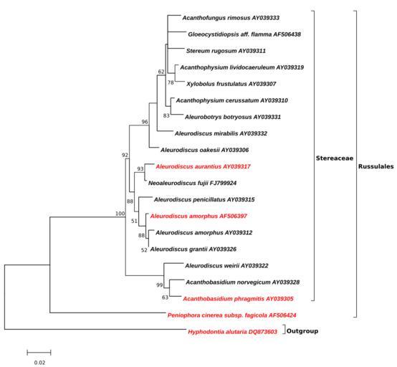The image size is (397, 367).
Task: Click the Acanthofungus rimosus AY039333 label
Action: (231, 18)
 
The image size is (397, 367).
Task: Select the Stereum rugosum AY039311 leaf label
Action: (226, 51)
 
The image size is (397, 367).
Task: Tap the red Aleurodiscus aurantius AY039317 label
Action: (203, 166)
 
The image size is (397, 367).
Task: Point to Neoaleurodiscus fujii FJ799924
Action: (193, 183)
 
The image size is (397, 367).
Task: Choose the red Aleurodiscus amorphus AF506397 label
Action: (198, 216)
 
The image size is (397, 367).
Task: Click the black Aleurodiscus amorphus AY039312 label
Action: (204, 232)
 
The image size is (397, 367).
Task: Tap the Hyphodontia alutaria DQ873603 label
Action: (232, 332)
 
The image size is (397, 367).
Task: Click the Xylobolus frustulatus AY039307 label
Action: (231, 84)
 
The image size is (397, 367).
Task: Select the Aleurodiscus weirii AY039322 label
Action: (226, 266)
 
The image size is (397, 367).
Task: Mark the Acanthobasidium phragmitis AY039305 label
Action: (238, 299)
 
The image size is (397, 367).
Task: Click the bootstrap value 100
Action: (120, 214)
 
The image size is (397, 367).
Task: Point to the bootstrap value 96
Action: (145, 122)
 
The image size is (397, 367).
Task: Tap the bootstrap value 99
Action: (159, 285)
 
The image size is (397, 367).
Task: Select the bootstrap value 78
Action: (171, 82)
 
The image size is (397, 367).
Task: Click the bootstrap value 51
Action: (134, 221)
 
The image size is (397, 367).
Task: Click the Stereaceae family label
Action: (335, 158)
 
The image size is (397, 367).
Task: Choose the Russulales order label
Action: (376, 166)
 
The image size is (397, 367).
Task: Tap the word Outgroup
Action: (302, 331)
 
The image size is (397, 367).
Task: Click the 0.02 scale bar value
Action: (39, 363)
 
